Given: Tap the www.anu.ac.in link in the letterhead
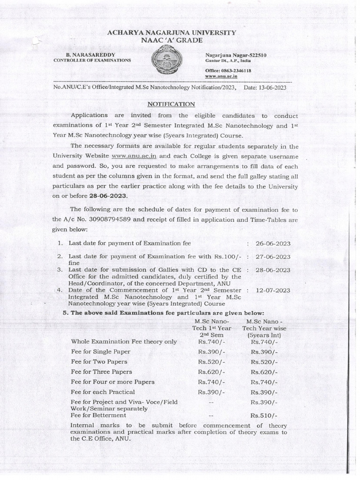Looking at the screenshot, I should coord(221,75).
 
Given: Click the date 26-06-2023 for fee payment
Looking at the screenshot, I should coord(273,244).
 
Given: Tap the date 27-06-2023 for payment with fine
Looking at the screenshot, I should coord(273,257).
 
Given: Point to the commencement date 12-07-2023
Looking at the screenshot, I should coord(273,291).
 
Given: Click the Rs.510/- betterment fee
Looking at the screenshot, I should coord(264,416).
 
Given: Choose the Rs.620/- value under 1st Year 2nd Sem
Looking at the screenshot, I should coord(211,371).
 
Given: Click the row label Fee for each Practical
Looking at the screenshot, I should coord(103,392).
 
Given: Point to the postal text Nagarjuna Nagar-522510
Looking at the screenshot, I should coord(236,55).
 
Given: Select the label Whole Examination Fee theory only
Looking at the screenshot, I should coord(124,342).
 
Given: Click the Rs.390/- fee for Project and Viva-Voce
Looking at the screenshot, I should coord(264,402).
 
